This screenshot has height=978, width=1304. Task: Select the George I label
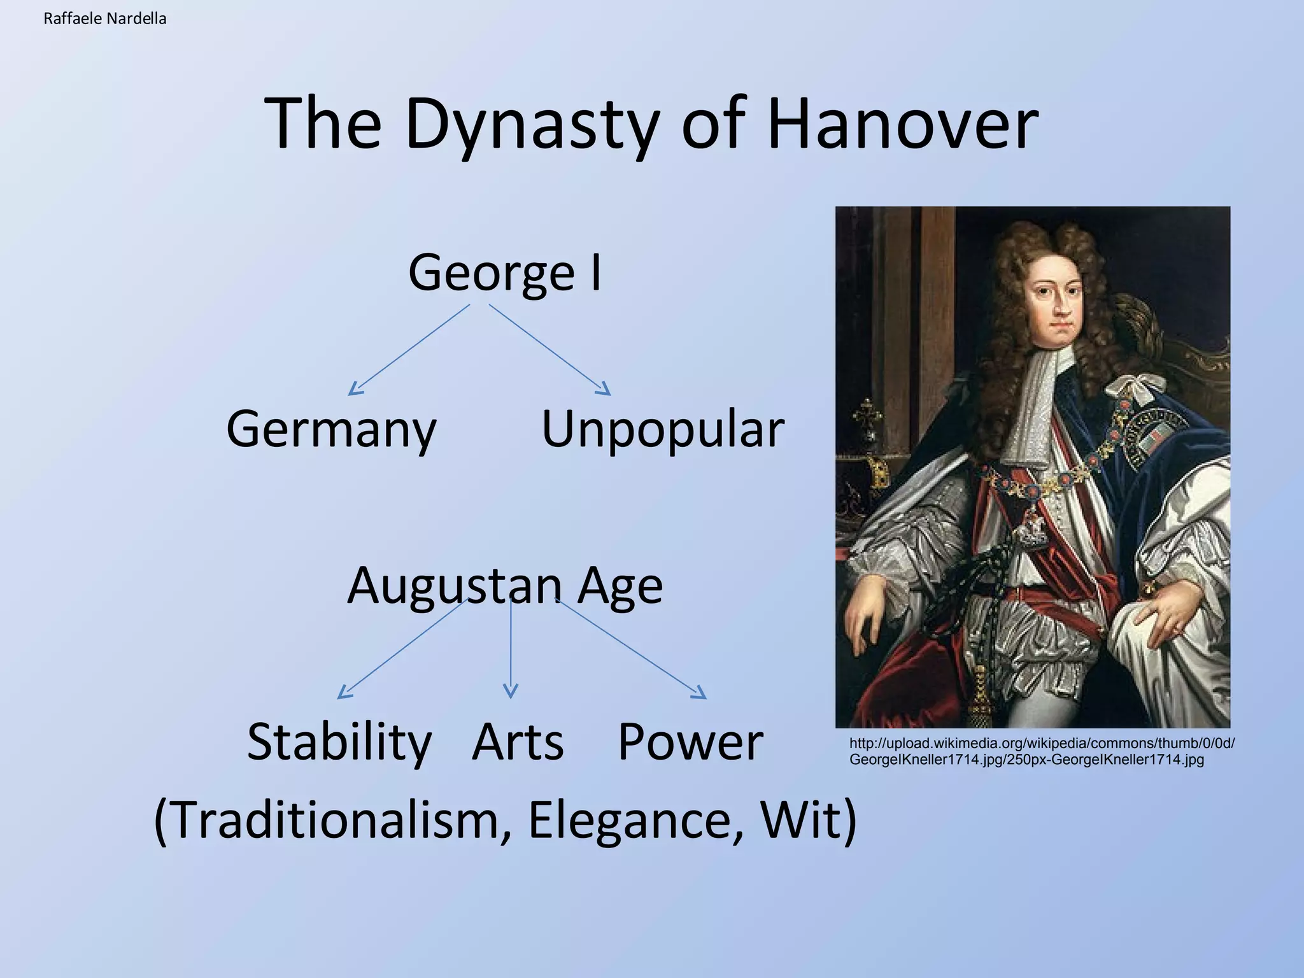tap(504, 273)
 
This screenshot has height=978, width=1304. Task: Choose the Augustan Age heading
tap(504, 585)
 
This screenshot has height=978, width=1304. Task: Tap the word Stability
tap(339, 742)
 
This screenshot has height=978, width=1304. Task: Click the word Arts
tap(518, 742)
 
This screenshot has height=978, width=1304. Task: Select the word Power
tap(690, 742)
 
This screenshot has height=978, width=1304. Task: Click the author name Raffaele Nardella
tap(105, 19)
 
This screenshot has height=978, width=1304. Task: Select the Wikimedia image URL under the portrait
tap(1042, 751)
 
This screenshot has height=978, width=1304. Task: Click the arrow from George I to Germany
tap(409, 350)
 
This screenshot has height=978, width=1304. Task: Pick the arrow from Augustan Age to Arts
tap(511, 649)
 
